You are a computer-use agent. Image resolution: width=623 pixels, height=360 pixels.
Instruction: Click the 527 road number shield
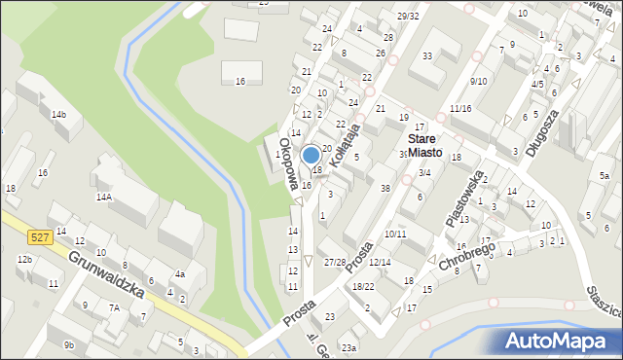click(x=39, y=236)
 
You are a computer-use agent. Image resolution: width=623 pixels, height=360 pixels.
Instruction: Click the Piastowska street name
click(x=464, y=199)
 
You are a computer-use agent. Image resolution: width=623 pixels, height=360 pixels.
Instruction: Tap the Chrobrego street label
click(x=467, y=257)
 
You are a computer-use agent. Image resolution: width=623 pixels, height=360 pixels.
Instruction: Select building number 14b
click(x=59, y=115)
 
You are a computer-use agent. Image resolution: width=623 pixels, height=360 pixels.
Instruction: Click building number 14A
click(x=103, y=197)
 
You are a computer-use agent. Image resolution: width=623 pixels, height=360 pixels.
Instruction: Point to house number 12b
click(x=24, y=260)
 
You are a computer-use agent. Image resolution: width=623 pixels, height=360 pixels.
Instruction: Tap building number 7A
click(x=114, y=307)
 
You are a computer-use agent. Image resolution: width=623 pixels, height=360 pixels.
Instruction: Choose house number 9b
click(x=68, y=344)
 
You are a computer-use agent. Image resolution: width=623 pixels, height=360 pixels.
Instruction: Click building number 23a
click(x=348, y=347)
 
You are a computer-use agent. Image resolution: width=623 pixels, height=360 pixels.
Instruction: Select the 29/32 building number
click(x=408, y=16)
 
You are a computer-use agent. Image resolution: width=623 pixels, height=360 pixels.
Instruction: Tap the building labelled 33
click(x=427, y=55)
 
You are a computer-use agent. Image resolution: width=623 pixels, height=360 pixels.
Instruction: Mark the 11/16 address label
click(x=460, y=107)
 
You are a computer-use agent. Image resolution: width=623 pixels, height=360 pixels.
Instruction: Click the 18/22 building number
click(x=363, y=286)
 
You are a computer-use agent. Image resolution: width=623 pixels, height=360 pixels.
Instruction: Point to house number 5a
click(x=604, y=176)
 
